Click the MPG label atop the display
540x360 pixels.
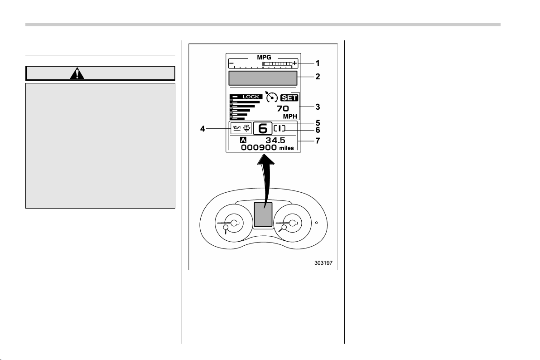click(264, 57)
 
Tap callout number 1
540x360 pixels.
click(318, 63)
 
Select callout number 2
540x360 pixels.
click(318, 77)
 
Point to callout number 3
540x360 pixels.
click(318, 107)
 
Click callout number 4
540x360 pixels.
click(202, 129)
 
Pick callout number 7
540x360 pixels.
click(318, 141)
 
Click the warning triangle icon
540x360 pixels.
click(77, 73)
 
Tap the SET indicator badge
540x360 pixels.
click(289, 98)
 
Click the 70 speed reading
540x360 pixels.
click(283, 108)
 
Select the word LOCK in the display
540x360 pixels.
click(251, 97)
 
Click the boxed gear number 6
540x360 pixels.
click(263, 129)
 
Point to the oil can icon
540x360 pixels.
click(236, 128)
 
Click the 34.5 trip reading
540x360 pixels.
click(275, 141)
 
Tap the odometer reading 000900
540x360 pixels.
click(259, 148)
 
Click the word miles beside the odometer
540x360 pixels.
click(286, 148)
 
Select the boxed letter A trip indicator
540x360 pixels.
click(243, 141)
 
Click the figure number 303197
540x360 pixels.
click(323, 263)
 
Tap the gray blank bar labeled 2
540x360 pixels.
click(263, 78)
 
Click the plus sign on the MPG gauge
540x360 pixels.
click(294, 63)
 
